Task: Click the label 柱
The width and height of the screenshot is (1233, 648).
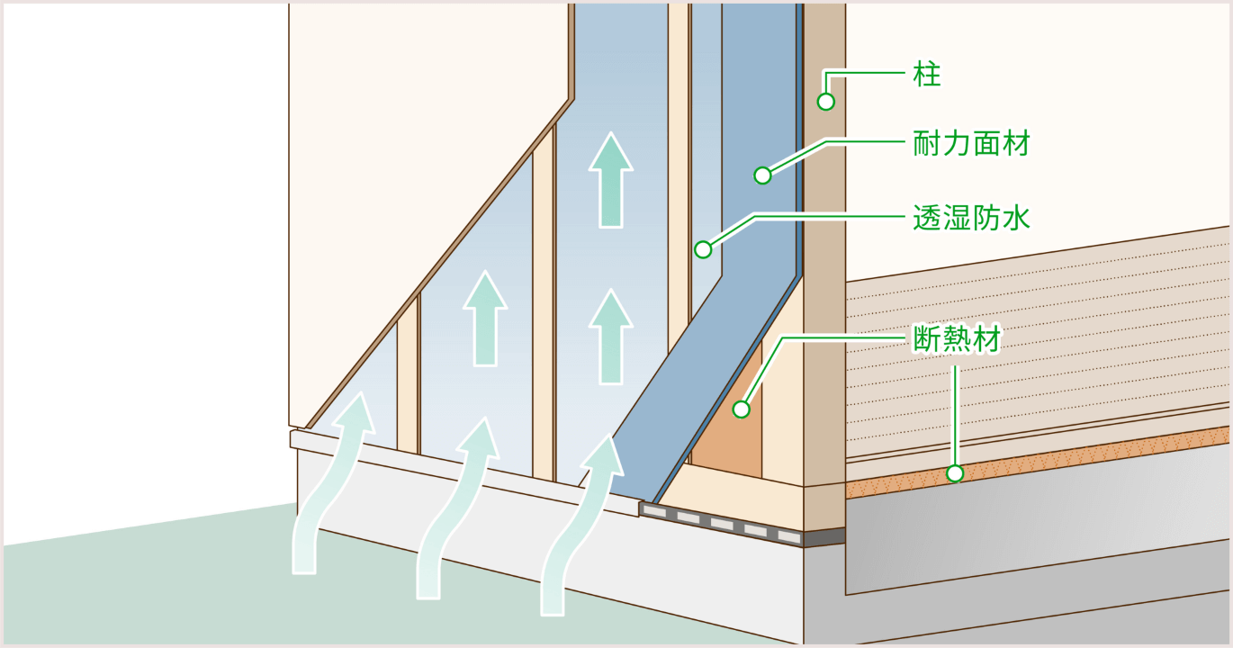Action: click(927, 75)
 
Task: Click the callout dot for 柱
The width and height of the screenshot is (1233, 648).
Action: click(826, 102)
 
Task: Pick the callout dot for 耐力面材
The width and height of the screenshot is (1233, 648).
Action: click(762, 175)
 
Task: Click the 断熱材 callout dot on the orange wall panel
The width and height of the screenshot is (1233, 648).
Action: click(741, 409)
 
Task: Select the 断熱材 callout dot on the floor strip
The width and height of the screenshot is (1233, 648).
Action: click(955, 472)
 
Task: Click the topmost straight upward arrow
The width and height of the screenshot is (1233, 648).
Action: click(611, 180)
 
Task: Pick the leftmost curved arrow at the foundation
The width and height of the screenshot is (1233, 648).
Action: click(331, 486)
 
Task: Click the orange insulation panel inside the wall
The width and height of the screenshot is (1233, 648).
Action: click(727, 441)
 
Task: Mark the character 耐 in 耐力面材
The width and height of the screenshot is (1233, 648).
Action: click(928, 143)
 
